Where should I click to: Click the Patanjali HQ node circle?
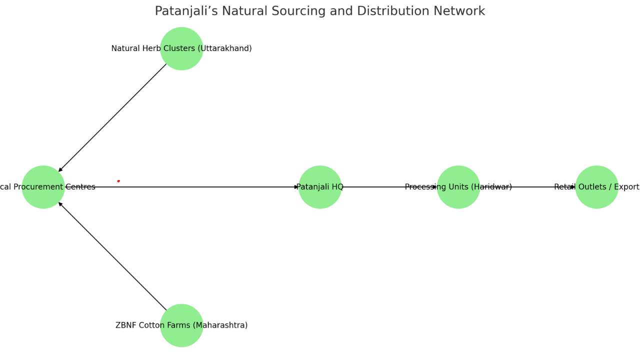pyautogui.click(x=320, y=187)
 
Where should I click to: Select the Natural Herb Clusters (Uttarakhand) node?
pyautogui.click(x=181, y=48)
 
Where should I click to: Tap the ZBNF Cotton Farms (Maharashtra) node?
pyautogui.click(x=181, y=325)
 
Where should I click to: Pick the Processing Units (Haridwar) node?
pyautogui.click(x=458, y=187)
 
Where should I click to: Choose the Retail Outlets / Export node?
pyautogui.click(x=596, y=187)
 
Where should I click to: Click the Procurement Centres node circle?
pyautogui.click(x=43, y=187)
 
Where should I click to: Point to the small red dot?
pyautogui.click(x=118, y=181)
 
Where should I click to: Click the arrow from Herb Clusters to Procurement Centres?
pyautogui.click(x=112, y=117)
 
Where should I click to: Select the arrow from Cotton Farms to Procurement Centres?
pyautogui.click(x=112, y=256)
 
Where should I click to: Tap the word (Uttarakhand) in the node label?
pyautogui.click(x=224, y=48)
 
